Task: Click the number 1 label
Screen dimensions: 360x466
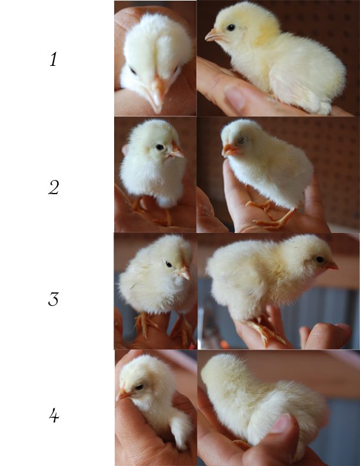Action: point(54,59)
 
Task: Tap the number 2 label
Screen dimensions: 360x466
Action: point(54,188)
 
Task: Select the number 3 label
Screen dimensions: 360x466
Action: point(54,299)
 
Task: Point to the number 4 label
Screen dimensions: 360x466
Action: point(54,415)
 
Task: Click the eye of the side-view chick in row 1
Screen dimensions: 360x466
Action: point(231,28)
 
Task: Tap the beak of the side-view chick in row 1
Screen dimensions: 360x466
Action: point(214,35)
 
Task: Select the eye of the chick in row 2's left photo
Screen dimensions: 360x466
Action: point(160,147)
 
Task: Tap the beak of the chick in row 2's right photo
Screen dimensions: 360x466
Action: point(229,149)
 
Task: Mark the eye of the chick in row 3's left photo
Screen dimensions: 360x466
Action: point(169,264)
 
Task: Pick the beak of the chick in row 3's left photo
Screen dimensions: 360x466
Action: point(184,272)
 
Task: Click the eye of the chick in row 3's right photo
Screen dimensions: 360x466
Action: point(320,259)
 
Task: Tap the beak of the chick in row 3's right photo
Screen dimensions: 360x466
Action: point(332,265)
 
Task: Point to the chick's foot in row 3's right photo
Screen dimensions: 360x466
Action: point(266,333)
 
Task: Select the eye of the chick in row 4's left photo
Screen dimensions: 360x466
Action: point(139,387)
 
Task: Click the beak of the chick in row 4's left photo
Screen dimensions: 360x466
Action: point(122,395)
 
